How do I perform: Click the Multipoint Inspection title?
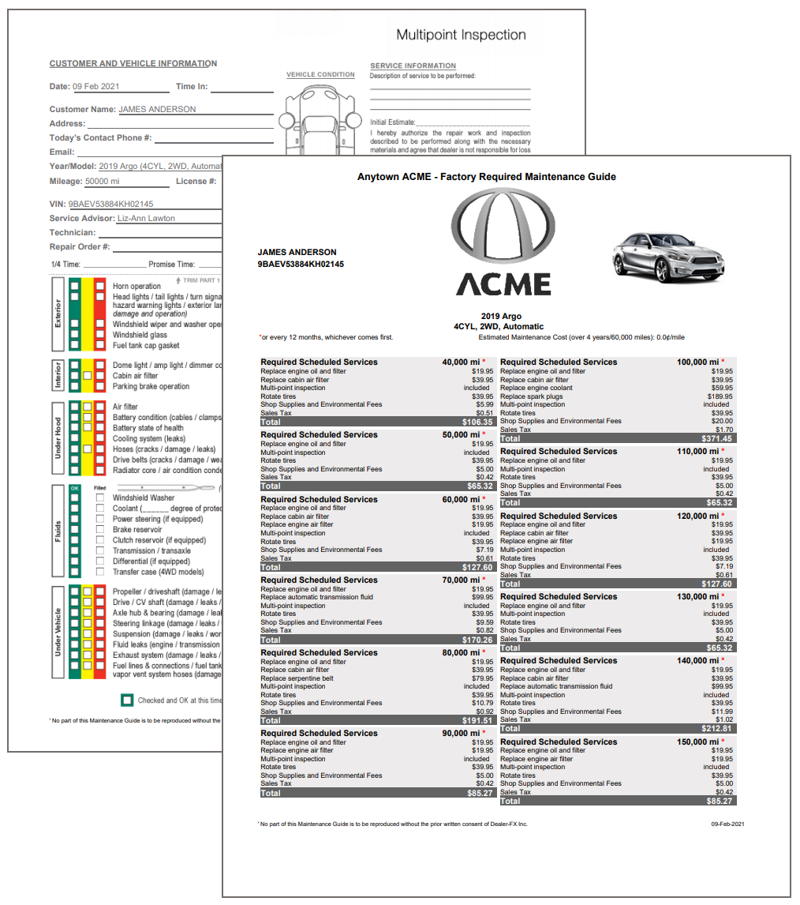tap(461, 35)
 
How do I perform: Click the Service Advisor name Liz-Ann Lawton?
tap(146, 219)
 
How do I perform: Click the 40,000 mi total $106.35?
tap(478, 422)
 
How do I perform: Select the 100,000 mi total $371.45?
tap(716, 438)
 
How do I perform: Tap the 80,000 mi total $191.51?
tap(477, 720)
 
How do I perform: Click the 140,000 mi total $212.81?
tap(716, 728)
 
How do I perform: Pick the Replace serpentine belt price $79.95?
tap(482, 678)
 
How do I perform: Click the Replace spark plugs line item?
tap(533, 396)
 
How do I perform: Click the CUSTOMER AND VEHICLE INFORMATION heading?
tap(133, 64)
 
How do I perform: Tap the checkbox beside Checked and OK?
tap(127, 700)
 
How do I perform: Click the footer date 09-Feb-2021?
tap(727, 824)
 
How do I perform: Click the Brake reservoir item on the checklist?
tap(137, 530)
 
